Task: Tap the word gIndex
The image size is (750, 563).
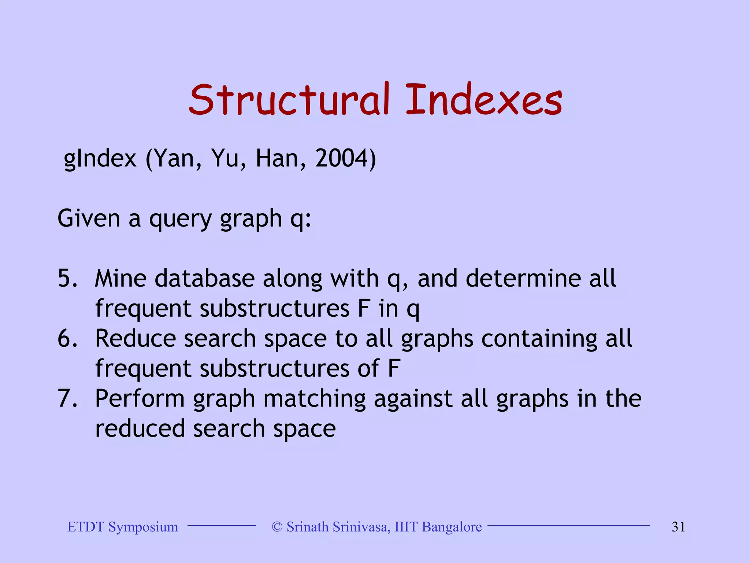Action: [x=100, y=159]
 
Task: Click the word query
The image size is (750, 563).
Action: [x=181, y=219]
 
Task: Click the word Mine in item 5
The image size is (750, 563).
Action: [x=120, y=278]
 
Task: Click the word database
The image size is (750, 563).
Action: [x=204, y=278]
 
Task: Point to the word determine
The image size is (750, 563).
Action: [x=523, y=278]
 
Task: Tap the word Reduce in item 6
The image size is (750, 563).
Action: [x=135, y=338]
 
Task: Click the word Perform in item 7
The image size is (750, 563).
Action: [x=140, y=398]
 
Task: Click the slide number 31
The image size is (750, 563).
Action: [x=678, y=527]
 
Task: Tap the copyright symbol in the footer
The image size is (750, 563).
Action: [x=277, y=527]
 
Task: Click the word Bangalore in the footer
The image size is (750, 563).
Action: [x=452, y=527]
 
